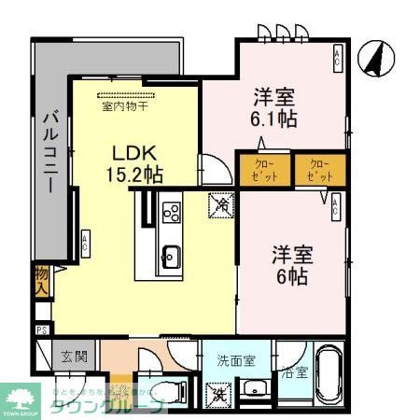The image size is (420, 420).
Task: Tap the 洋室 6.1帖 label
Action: coord(273,107)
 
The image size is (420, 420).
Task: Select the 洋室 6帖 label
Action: coord(292,263)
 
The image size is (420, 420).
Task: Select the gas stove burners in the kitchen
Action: coord(172,213)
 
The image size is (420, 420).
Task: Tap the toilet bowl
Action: coord(159,391)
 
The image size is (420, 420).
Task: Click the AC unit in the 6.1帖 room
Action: coord(338,61)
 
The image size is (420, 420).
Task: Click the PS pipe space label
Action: coord(41,329)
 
